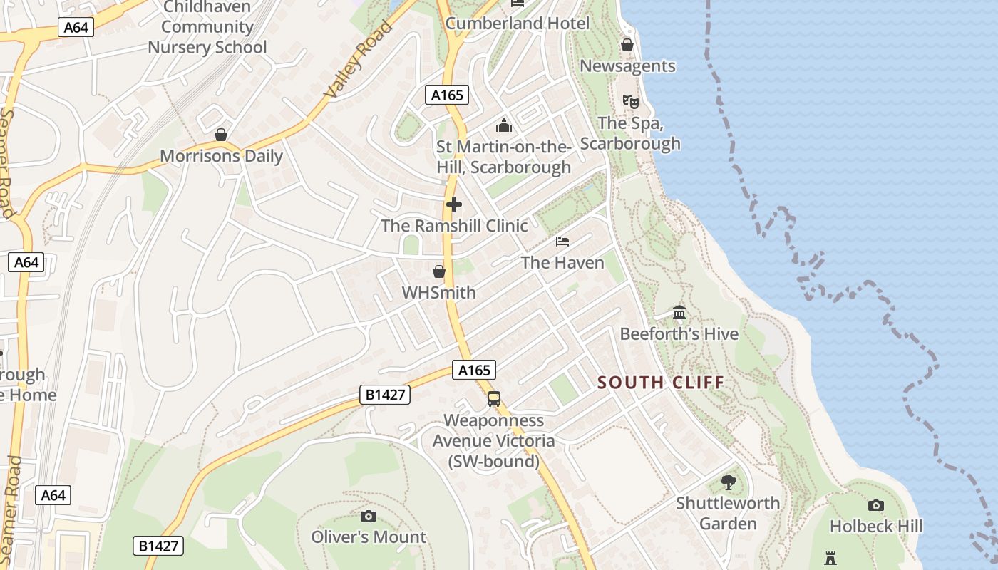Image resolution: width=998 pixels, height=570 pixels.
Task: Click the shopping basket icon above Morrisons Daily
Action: (x=221, y=135)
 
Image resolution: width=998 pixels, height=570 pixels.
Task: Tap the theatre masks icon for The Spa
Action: (x=630, y=102)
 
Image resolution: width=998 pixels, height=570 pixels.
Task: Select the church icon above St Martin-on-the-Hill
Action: (x=504, y=126)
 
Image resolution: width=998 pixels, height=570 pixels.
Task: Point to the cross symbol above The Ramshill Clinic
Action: (x=453, y=205)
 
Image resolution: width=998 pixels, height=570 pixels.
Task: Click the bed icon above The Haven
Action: (x=562, y=242)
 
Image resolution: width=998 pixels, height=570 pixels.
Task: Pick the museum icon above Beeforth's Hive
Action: (x=679, y=313)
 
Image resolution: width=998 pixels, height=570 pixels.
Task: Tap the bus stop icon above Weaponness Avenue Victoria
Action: (x=494, y=399)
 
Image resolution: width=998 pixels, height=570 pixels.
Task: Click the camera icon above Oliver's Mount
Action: (x=369, y=516)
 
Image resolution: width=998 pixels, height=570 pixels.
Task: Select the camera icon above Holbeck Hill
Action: (x=876, y=505)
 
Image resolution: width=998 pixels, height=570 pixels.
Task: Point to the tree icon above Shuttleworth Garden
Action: (x=728, y=482)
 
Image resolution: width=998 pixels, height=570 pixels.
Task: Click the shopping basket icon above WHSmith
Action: (x=439, y=271)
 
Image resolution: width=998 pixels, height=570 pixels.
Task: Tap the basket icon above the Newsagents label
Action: (x=627, y=45)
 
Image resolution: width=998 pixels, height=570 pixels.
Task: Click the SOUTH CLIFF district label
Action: (x=661, y=383)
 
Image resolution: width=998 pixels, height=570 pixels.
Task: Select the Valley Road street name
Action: (x=359, y=61)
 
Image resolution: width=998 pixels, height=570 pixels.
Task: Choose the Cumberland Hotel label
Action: (x=518, y=24)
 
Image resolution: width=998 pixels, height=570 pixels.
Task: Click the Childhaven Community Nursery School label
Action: (x=207, y=28)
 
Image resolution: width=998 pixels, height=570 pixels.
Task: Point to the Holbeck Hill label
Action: (x=876, y=527)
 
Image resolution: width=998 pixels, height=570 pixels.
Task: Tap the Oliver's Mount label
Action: (x=369, y=537)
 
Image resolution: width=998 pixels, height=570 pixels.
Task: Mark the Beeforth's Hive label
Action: (x=679, y=334)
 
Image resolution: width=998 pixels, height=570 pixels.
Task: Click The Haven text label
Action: (x=562, y=263)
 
